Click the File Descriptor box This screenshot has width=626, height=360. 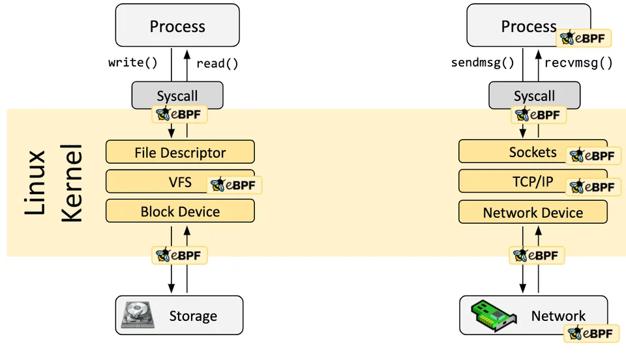click(180, 153)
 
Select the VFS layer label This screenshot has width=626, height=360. click(180, 181)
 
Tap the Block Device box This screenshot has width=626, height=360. click(180, 211)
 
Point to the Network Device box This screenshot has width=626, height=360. click(533, 213)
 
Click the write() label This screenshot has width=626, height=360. click(133, 63)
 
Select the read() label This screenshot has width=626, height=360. click(217, 63)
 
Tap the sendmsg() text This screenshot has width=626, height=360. click(483, 63)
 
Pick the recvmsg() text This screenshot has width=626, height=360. click(578, 63)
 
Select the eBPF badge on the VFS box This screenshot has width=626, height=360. click(235, 185)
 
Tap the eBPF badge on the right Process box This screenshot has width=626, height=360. click(584, 38)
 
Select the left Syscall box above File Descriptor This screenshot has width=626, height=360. click(177, 95)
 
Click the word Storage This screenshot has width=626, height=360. click(193, 316)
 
